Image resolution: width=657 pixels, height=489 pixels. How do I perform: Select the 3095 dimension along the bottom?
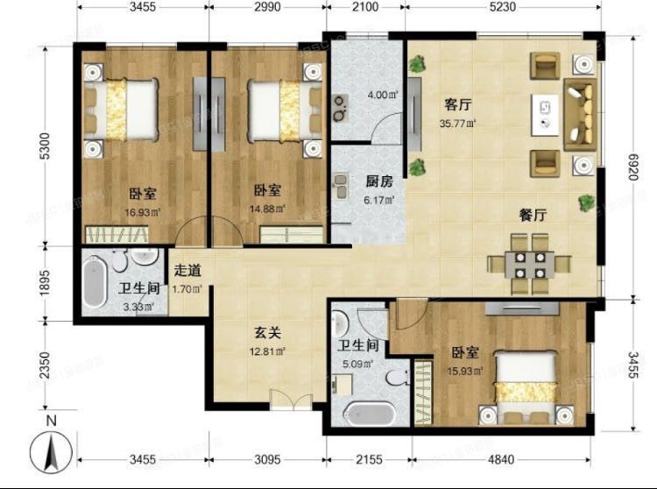click(267, 458)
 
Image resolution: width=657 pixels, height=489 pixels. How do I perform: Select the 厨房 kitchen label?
click(378, 183)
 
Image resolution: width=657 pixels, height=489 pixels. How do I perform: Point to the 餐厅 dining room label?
click(533, 216)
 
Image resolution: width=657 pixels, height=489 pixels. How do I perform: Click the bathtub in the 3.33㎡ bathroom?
click(95, 280)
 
